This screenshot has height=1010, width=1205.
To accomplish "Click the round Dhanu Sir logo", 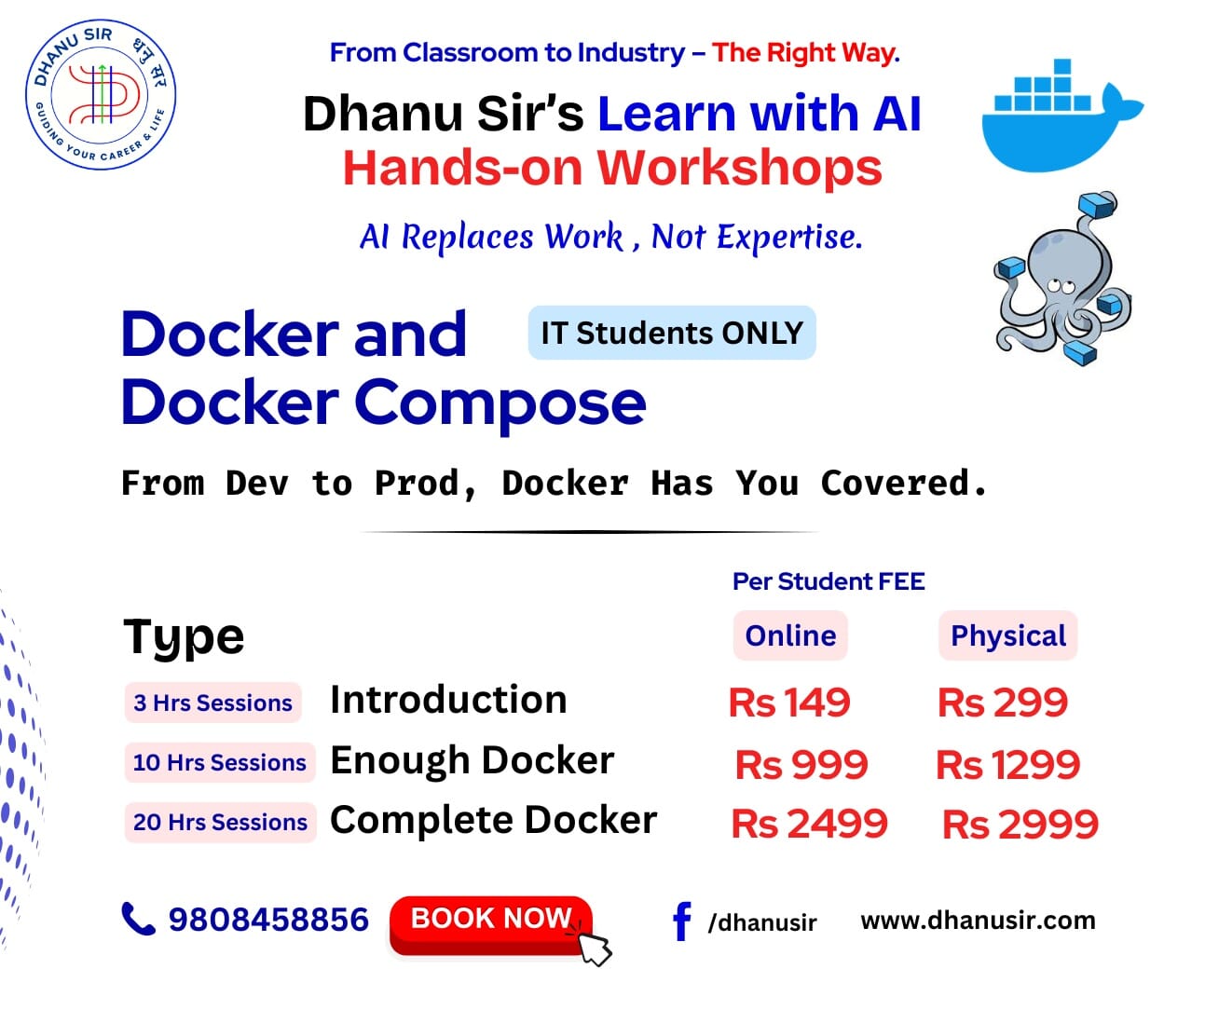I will (100, 94).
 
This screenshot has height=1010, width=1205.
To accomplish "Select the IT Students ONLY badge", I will (671, 333).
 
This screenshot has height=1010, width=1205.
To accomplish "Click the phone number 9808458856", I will (268, 920).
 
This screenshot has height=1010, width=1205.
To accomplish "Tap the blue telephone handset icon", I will (138, 919).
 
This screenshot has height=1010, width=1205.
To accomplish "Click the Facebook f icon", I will (682, 921).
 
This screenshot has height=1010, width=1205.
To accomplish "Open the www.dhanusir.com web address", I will (978, 921).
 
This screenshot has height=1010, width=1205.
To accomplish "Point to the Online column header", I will (790, 635).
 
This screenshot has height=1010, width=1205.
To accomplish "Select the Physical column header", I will (1007, 635).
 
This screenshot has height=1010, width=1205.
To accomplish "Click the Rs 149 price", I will (789, 703).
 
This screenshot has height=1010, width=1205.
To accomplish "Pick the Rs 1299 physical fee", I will (1007, 765).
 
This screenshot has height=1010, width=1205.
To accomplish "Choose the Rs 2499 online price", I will (809, 824).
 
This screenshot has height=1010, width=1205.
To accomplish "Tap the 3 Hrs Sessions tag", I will (212, 703).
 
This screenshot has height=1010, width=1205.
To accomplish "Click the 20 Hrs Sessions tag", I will (220, 823).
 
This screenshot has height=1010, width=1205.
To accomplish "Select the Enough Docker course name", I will (472, 760).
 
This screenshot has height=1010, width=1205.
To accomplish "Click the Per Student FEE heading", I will (828, 581).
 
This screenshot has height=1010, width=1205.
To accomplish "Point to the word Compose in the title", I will (500, 403).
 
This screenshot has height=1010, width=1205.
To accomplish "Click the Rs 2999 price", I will (1020, 825).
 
